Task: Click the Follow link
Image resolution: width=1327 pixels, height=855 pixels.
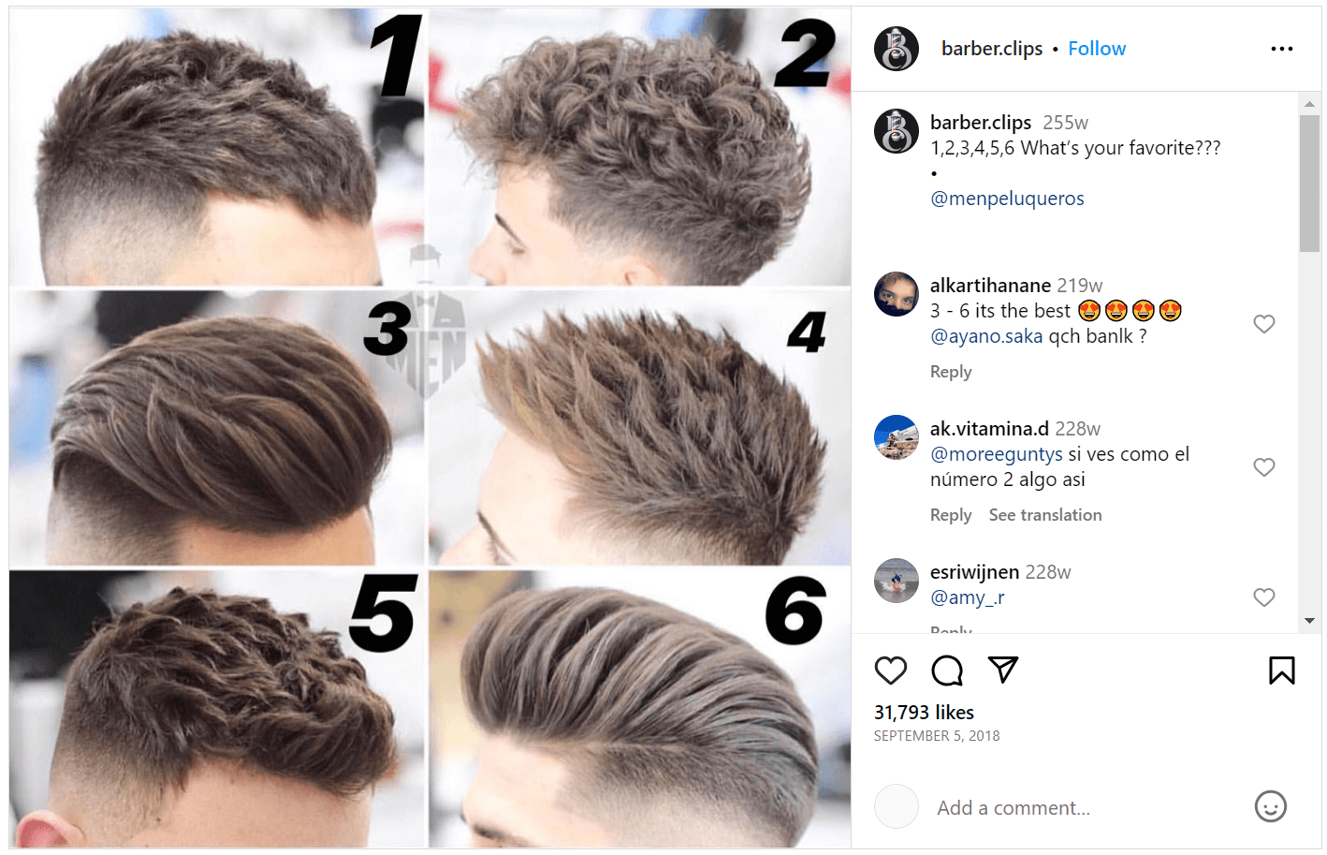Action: tap(1097, 49)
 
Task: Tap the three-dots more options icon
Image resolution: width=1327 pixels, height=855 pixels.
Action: tap(1281, 49)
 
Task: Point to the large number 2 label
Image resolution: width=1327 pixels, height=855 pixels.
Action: tap(804, 54)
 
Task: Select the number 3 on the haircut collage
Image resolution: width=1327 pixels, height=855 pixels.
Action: tap(387, 329)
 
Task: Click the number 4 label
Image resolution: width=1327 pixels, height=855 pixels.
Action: tap(807, 332)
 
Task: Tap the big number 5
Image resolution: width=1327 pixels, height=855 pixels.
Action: tap(383, 613)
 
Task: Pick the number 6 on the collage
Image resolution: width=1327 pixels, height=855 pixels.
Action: tap(795, 611)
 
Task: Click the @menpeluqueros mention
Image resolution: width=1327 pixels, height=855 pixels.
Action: tap(1007, 199)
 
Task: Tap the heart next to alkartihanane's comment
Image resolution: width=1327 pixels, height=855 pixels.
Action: tap(1263, 324)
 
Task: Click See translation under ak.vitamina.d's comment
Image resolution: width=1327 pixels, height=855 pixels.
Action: tap(1044, 515)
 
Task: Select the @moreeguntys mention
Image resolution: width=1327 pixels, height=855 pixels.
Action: tap(996, 454)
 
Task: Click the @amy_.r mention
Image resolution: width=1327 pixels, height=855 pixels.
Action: tap(967, 597)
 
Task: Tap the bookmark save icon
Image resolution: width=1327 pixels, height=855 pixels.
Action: tap(1281, 671)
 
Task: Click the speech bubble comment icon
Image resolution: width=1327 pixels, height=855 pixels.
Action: tap(947, 671)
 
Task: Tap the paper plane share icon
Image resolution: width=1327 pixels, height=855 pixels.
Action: tap(1002, 670)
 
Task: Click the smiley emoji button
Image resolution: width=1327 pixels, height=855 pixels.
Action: tap(1270, 806)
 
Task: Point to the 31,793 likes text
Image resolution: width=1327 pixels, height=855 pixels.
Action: tap(924, 713)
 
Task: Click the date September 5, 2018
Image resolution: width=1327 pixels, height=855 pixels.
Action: tap(937, 736)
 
